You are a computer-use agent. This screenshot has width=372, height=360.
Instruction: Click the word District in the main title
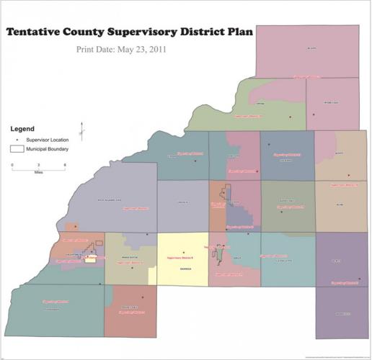[203, 32]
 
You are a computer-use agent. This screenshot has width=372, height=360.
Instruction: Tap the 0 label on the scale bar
[12, 166]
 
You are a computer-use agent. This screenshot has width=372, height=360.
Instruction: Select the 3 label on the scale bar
[38, 166]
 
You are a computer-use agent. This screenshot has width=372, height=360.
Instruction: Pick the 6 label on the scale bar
[65, 166]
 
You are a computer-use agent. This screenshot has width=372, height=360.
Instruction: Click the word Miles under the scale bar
[38, 174]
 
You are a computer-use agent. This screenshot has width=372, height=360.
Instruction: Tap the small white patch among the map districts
[90, 260]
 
